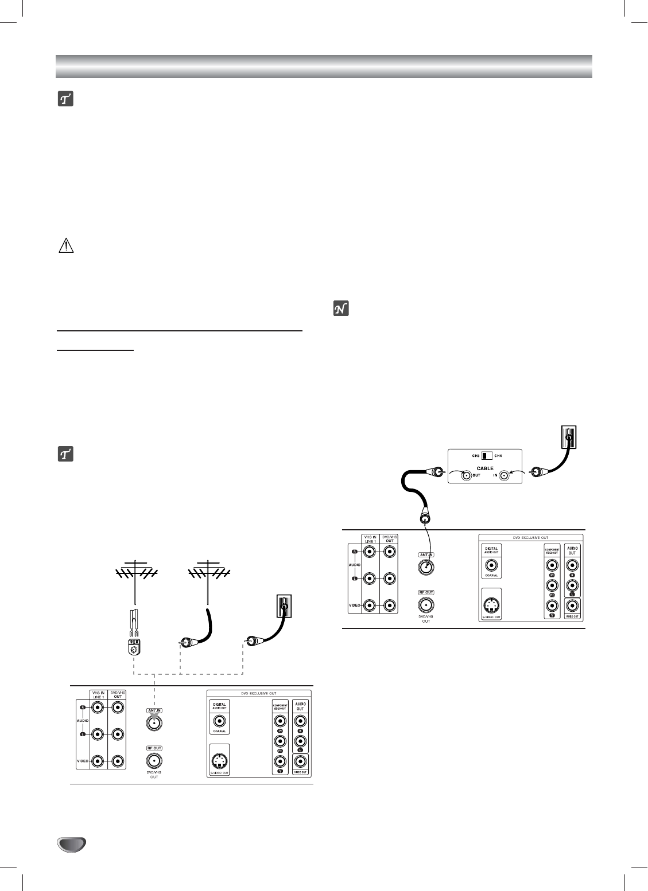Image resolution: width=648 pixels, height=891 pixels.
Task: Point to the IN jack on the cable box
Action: tap(503, 475)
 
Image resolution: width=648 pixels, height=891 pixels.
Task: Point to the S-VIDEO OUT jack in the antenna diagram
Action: tap(218, 761)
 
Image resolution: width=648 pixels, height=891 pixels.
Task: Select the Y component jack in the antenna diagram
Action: tap(280, 761)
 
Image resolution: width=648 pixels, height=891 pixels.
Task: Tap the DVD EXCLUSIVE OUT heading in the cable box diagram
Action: tap(530, 537)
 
